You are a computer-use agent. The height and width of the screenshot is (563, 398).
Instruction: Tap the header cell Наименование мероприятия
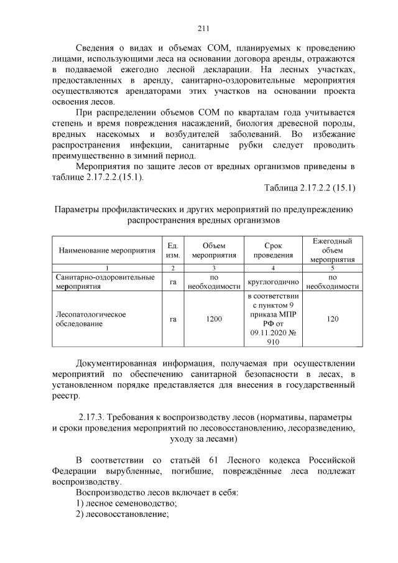pos(106,250)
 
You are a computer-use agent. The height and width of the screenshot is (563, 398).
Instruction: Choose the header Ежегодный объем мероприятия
pos(332,250)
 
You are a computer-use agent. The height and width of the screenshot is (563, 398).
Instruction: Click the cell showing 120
pos(332,319)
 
